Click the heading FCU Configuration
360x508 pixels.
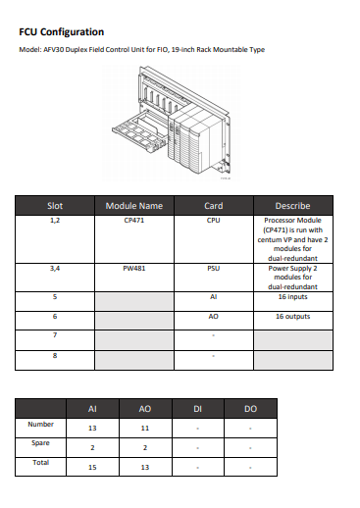(61, 31)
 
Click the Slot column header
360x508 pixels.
(55, 206)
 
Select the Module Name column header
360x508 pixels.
(134, 206)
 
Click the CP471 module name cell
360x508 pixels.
(134, 221)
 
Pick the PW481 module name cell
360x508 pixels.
(134, 267)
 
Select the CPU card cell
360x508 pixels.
(213, 221)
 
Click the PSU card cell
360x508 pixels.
(213, 267)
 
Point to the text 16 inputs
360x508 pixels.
(292, 295)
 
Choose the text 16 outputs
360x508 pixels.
(292, 317)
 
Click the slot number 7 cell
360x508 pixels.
(55, 335)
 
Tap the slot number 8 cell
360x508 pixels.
(55, 354)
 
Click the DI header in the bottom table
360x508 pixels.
(198, 407)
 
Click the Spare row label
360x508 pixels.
(41, 443)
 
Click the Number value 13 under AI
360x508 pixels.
(92, 428)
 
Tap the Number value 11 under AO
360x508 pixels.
(145, 428)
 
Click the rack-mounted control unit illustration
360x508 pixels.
(179, 125)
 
